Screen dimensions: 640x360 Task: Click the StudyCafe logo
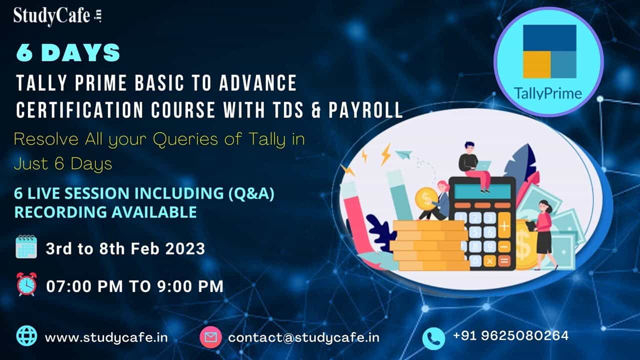click(x=57, y=16)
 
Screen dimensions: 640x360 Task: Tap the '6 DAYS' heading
click(x=68, y=53)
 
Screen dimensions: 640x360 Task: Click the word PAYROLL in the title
click(x=365, y=110)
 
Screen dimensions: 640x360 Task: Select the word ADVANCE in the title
click(x=258, y=83)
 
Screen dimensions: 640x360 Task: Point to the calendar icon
click(x=26, y=247)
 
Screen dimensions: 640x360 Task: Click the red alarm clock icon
click(x=26, y=284)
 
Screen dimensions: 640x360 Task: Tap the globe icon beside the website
click(x=27, y=336)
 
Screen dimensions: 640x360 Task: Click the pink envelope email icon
click(x=210, y=337)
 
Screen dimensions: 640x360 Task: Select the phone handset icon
click(x=433, y=338)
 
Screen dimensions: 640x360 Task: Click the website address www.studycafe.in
click(x=106, y=337)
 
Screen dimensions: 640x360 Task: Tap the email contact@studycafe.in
click(x=303, y=337)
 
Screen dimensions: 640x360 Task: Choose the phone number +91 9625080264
click(x=511, y=335)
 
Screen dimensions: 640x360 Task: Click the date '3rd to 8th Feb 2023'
click(x=125, y=248)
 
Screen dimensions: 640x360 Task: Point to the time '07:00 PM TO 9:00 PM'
click(x=135, y=286)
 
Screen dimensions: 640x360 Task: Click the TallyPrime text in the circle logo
click(x=548, y=93)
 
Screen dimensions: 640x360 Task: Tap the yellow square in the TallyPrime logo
click(x=537, y=65)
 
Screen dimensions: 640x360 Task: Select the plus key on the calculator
click(x=504, y=226)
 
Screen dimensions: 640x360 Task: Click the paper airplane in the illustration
click(x=404, y=155)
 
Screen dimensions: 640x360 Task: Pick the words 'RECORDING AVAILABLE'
click(x=105, y=212)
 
